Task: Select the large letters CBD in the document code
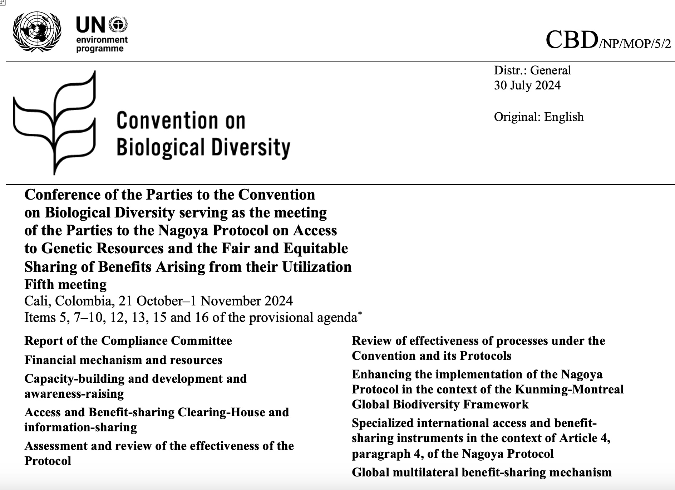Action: (571, 40)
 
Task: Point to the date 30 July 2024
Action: (527, 85)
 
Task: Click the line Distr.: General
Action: (532, 70)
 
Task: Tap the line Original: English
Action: (538, 117)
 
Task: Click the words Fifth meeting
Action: (65, 284)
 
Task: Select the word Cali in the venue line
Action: (37, 301)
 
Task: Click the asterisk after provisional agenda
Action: (360, 313)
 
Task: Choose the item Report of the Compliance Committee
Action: (128, 340)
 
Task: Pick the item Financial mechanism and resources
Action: (123, 360)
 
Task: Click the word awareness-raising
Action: (74, 394)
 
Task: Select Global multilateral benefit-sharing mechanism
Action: (482, 472)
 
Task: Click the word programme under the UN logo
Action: (100, 49)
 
